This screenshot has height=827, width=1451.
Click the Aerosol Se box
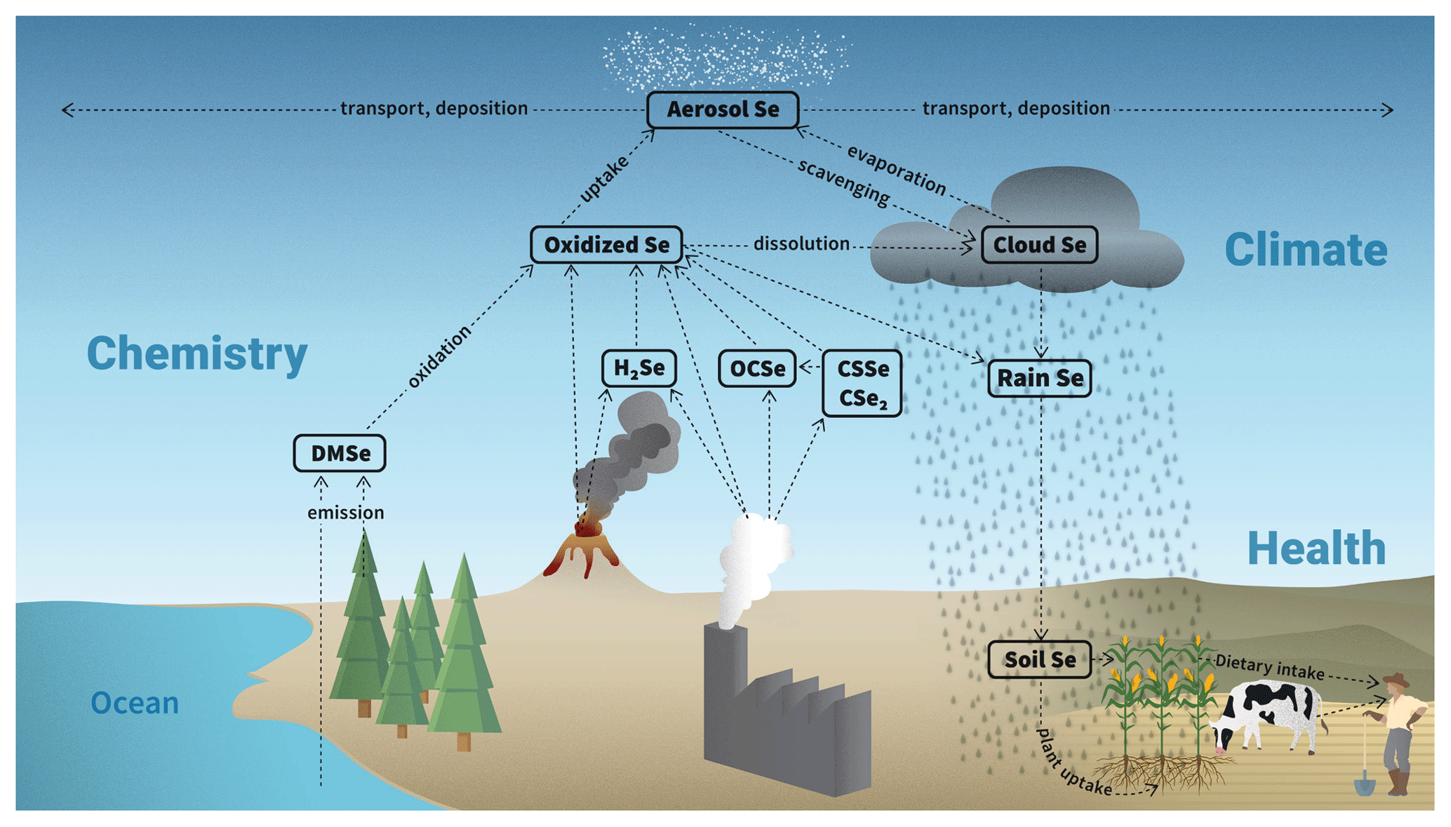pyautogui.click(x=723, y=109)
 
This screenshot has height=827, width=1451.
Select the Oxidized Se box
pyautogui.click(x=606, y=245)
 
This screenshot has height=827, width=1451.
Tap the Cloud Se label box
pyautogui.click(x=1039, y=245)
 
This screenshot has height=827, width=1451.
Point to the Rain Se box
pyautogui.click(x=1040, y=378)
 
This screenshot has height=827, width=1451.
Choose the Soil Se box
pyautogui.click(x=1040, y=659)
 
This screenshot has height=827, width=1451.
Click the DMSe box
pyautogui.click(x=340, y=453)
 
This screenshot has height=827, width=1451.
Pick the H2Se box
pyautogui.click(x=638, y=368)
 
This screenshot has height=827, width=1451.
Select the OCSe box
pyautogui.click(x=757, y=368)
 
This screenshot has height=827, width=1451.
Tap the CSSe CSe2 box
pyautogui.click(x=862, y=383)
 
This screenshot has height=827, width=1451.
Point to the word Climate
pyautogui.click(x=1306, y=250)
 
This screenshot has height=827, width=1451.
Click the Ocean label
pyautogui.click(x=135, y=703)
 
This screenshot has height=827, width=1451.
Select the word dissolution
pyautogui.click(x=801, y=243)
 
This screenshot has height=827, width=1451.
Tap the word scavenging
pyautogui.click(x=844, y=181)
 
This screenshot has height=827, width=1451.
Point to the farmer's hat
pyautogui.click(x=1396, y=679)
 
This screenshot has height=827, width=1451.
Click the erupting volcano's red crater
pyautogui.click(x=584, y=527)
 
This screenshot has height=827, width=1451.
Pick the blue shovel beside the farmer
pyautogui.click(x=1365, y=782)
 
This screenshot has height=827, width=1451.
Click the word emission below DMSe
pyautogui.click(x=346, y=513)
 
